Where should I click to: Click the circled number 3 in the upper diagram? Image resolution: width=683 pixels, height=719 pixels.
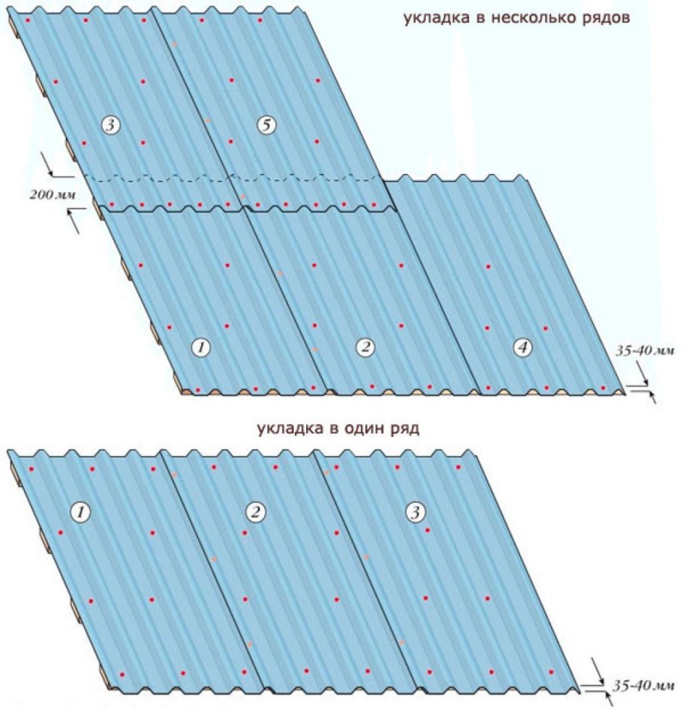click(x=110, y=125)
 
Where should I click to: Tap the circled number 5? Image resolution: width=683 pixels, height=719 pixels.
click(x=267, y=125)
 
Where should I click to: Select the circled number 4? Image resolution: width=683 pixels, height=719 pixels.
click(x=522, y=348)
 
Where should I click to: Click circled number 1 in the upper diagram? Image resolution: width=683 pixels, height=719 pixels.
click(x=201, y=348)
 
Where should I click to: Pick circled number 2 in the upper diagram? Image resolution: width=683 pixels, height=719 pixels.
click(x=365, y=348)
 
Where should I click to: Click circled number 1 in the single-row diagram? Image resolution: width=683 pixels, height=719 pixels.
click(x=81, y=512)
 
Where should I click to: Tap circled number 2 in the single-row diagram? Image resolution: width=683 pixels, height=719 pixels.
click(x=255, y=512)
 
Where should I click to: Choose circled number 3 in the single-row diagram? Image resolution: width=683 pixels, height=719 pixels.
click(x=416, y=512)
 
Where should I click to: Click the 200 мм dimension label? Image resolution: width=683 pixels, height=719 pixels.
click(x=53, y=194)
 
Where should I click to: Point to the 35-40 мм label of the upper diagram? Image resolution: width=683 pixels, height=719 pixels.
click(x=645, y=350)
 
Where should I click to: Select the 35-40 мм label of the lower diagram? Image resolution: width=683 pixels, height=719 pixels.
click(x=643, y=686)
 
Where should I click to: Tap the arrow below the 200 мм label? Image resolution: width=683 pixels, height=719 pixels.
click(x=76, y=221)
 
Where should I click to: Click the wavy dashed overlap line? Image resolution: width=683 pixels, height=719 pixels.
click(x=234, y=177)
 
